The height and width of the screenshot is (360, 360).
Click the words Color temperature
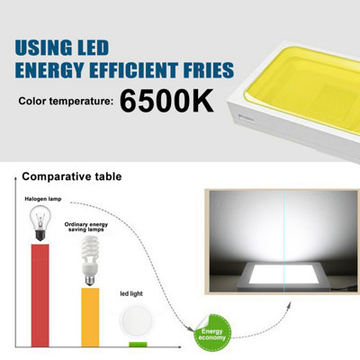[67, 101]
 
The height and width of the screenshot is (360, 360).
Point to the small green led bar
[138, 344]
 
